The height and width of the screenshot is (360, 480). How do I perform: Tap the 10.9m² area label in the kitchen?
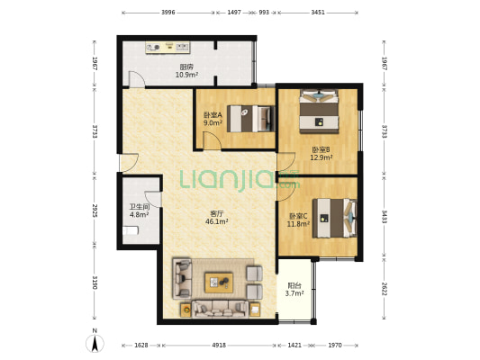pyautogui.click(x=186, y=75)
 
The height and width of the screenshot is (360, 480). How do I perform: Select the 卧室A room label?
pyautogui.click(x=213, y=115)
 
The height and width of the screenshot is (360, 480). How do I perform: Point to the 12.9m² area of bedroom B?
pyautogui.click(x=322, y=157)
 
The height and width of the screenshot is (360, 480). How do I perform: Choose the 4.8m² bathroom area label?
pyautogui.click(x=139, y=214)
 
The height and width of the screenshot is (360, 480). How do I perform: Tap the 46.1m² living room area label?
pyautogui.click(x=217, y=221)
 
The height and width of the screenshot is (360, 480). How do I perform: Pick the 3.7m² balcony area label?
pyautogui.click(x=294, y=293)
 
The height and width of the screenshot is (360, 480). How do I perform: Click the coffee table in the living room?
pyautogui.click(x=219, y=283)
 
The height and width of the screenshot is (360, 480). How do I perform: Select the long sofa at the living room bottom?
pyautogui.click(x=220, y=309)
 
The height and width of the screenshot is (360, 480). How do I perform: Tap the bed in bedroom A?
pyautogui.click(x=250, y=119)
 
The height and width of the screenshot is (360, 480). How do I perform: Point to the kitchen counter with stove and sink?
pyautogui.click(x=168, y=48)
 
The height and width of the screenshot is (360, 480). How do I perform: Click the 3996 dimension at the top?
pyautogui.click(x=168, y=13)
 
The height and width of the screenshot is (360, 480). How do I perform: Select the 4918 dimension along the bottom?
pyautogui.click(x=219, y=346)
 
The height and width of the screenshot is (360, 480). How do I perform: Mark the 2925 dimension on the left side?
pyautogui.click(x=95, y=211)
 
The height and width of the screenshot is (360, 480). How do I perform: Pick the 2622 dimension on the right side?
pyautogui.click(x=384, y=288)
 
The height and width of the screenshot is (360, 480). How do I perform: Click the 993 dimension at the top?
pyautogui.click(x=264, y=13)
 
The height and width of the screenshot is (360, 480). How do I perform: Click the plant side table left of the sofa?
pyautogui.click(x=186, y=310)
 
